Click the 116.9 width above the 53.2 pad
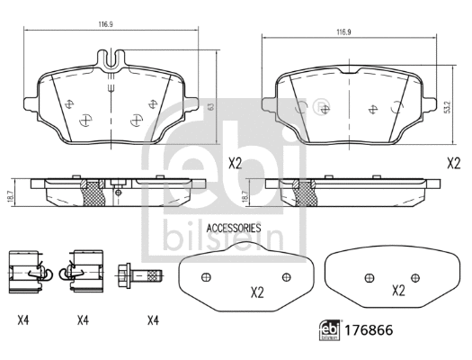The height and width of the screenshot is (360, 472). [343, 32]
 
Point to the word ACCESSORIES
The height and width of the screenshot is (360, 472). [234, 229]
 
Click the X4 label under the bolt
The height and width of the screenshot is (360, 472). [152, 319]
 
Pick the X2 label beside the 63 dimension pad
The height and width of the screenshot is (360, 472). [236, 163]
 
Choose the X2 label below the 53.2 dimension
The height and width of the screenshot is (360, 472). [454, 163]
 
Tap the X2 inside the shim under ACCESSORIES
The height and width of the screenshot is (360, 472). [256, 292]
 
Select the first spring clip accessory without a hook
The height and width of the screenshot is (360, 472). [25, 271]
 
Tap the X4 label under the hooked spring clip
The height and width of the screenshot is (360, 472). [83, 319]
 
